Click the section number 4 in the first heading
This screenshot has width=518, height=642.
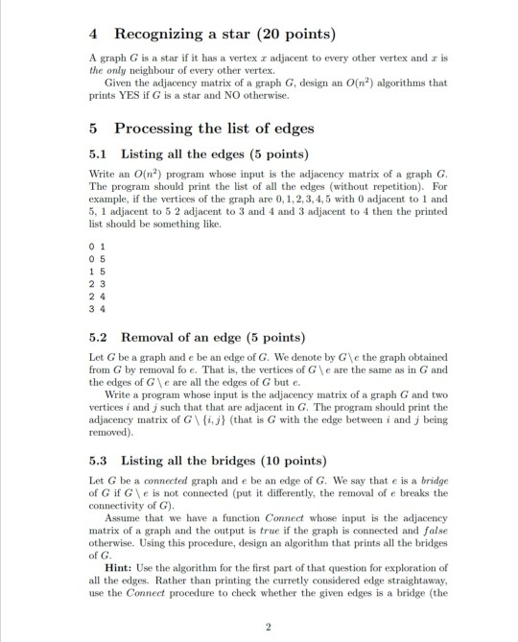(79, 37)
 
